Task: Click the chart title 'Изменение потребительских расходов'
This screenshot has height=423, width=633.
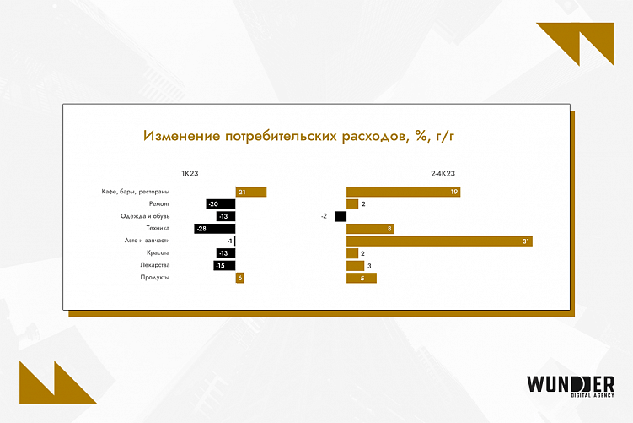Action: coord(303,136)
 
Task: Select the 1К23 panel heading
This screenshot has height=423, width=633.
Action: coord(178,173)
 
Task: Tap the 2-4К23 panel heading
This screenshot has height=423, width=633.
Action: coord(443,173)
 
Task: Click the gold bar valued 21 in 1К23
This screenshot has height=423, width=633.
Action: coord(251,193)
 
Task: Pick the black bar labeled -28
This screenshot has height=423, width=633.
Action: coord(215,229)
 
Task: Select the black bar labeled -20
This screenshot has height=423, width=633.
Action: coord(221,204)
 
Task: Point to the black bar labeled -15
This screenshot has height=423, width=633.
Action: coord(224,265)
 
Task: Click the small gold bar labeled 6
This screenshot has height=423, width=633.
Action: coord(240,278)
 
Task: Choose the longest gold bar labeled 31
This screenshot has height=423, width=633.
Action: coord(439,241)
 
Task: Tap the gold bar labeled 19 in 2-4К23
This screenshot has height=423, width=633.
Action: coord(403,193)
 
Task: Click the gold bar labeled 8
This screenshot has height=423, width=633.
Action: coord(370,229)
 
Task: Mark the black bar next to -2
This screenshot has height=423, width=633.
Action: coord(341,216)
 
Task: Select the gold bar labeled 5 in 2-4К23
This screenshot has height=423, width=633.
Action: coord(362,278)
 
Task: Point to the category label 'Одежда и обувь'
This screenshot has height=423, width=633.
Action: coord(146,216)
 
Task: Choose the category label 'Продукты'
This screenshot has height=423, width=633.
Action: coord(155,278)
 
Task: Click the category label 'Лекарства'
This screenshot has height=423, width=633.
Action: coord(154,265)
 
